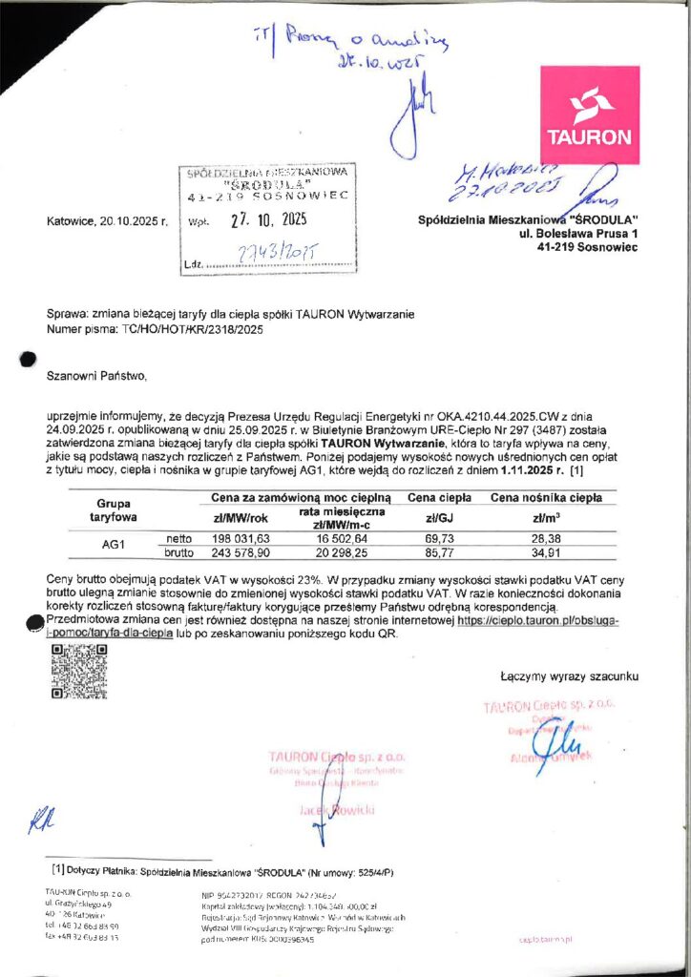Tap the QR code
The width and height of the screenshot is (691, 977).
click(78, 672)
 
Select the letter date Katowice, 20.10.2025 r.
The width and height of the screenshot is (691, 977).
click(107, 221)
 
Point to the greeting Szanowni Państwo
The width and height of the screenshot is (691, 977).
click(97, 377)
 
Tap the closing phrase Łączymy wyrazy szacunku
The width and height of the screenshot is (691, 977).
click(569, 677)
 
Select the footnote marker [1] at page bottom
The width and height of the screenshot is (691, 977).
click(57, 869)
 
